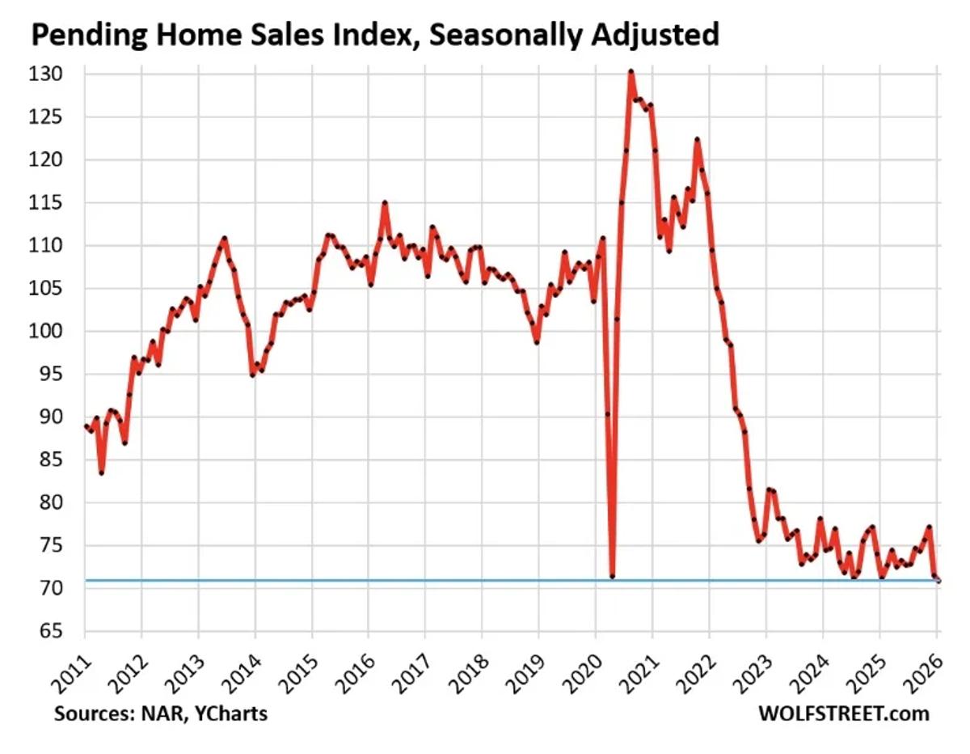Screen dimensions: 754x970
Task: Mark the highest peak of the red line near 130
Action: click(630, 72)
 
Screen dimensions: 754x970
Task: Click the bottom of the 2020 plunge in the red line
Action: click(612, 576)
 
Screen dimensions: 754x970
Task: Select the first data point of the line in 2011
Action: click(86, 426)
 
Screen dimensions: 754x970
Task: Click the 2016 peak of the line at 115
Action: click(385, 203)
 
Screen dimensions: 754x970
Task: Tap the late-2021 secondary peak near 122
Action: click(697, 140)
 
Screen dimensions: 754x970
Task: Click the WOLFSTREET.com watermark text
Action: click(843, 714)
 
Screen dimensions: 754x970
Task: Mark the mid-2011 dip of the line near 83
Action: click(101, 472)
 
